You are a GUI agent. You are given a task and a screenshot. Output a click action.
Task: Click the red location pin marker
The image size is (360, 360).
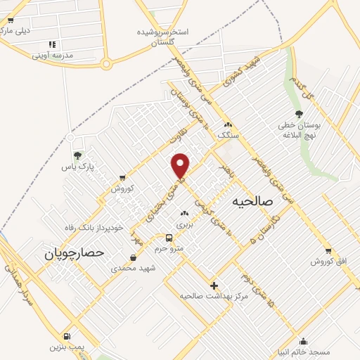(x=181, y=165)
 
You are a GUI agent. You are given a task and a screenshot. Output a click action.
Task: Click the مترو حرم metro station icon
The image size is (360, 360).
(x=169, y=238)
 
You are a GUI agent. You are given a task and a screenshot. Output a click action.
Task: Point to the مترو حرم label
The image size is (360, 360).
(x=169, y=247)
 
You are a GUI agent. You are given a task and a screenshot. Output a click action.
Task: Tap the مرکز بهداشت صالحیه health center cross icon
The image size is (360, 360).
(x=214, y=286)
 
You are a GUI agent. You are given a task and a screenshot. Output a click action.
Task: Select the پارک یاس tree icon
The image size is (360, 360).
(x=77, y=155)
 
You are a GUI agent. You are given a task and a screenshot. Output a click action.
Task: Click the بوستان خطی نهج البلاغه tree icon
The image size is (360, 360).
(x=300, y=114)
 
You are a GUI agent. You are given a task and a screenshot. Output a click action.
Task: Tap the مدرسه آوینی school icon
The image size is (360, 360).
(x=51, y=44)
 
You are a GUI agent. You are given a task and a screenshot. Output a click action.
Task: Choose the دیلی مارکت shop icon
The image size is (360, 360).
(x=10, y=20)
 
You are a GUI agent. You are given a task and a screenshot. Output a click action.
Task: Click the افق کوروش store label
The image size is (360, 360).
(x=329, y=262)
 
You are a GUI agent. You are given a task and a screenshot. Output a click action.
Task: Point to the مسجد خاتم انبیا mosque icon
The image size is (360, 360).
(x=303, y=341)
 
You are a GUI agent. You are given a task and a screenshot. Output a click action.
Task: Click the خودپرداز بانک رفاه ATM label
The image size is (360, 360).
(x=98, y=227)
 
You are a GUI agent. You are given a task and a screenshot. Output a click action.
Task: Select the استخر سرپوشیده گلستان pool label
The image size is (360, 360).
(x=156, y=37)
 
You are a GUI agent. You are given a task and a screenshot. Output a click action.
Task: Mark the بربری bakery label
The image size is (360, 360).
(x=184, y=224)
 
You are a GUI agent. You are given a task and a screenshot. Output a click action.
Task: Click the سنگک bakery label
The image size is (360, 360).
(x=229, y=134)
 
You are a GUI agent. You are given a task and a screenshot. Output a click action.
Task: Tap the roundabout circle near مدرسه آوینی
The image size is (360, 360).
(x=106, y=65)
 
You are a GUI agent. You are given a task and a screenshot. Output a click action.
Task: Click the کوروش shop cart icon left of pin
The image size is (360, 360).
(x=124, y=178)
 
